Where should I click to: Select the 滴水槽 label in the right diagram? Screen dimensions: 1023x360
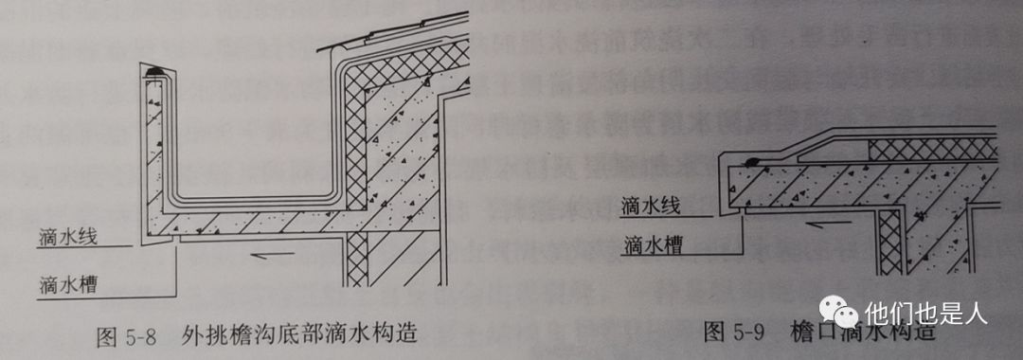pos(649,247)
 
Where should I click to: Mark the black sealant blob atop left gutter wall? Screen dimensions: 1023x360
pos(153,72)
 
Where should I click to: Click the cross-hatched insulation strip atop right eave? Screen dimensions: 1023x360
pos(933,148)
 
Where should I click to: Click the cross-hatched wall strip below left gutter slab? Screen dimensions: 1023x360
pos(357,261)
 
